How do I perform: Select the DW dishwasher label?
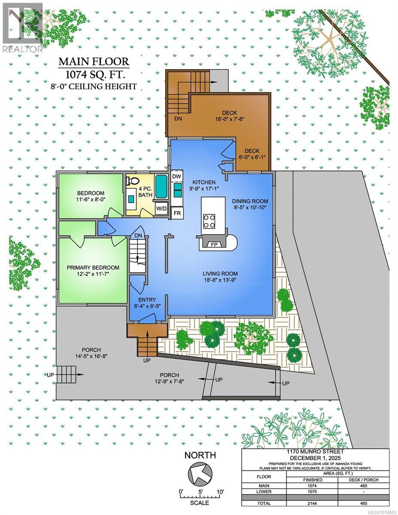176,176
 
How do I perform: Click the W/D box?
161,209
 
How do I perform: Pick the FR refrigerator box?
177,213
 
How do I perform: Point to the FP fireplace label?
214,245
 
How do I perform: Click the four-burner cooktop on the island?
209,221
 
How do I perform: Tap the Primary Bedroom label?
93,267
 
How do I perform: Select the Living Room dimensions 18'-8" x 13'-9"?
220,280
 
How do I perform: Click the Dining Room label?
250,201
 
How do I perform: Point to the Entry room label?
147,300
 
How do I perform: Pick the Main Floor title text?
94,62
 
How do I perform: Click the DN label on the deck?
178,119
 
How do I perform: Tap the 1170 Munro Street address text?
315,452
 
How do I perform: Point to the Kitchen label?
204,182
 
